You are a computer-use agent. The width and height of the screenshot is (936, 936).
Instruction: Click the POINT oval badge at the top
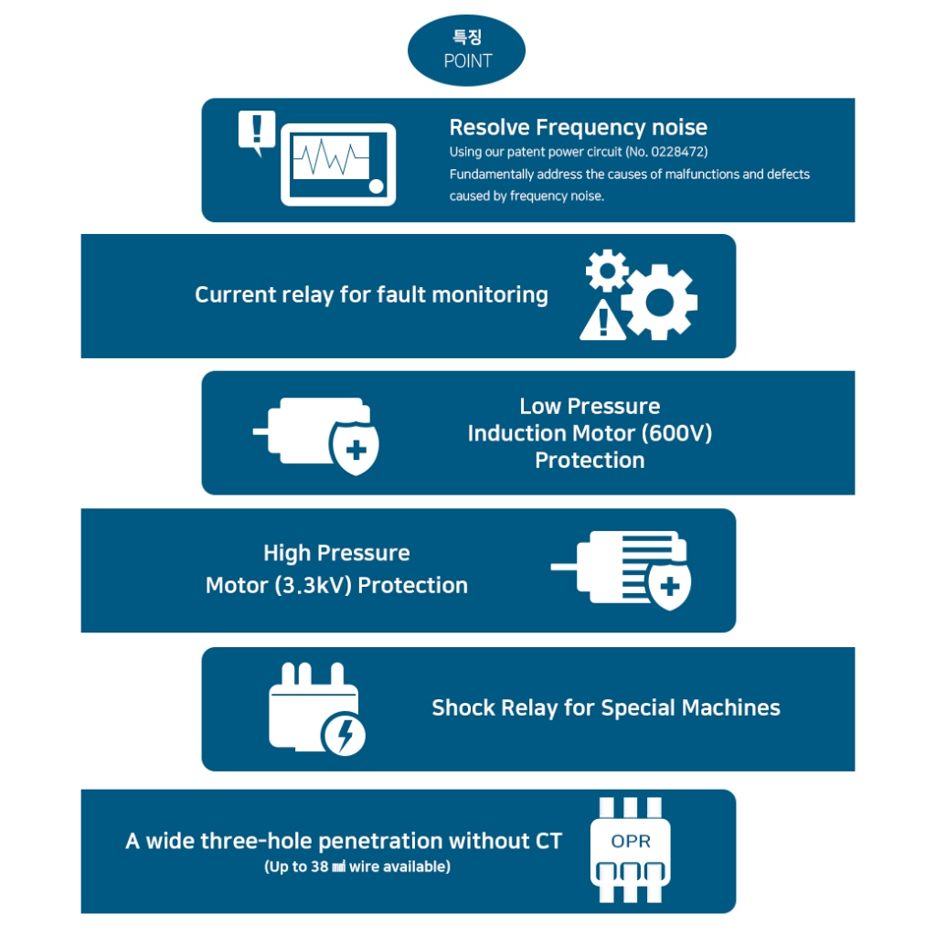(x=466, y=50)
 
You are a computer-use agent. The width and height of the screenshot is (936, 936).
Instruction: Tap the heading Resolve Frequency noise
(x=578, y=127)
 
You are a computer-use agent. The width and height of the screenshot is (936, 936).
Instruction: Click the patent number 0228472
(x=675, y=151)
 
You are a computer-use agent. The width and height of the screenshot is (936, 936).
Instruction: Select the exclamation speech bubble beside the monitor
(x=256, y=130)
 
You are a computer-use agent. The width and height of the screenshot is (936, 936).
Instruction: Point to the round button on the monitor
(x=376, y=186)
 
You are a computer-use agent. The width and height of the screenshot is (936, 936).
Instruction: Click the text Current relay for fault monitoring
(x=371, y=294)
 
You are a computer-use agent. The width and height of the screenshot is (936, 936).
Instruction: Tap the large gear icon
(x=660, y=302)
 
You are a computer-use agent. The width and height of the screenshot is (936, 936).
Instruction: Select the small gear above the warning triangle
(x=607, y=271)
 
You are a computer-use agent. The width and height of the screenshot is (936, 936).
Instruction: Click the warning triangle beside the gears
(x=601, y=321)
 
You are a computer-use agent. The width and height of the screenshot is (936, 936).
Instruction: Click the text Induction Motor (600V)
(x=590, y=432)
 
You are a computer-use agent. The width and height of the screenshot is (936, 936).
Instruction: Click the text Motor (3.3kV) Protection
(x=336, y=585)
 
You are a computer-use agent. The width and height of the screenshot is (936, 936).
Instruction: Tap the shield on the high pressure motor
(x=669, y=585)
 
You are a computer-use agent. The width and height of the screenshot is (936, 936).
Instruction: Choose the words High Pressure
(x=336, y=553)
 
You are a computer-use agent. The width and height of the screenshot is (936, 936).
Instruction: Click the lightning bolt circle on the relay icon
(x=343, y=734)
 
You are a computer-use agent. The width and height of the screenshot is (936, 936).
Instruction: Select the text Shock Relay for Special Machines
(x=606, y=707)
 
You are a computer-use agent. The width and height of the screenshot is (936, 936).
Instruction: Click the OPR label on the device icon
(x=631, y=841)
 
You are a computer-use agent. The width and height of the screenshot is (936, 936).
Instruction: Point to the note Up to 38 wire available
(x=357, y=867)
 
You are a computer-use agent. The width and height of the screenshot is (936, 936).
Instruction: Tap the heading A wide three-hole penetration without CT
(x=344, y=841)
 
